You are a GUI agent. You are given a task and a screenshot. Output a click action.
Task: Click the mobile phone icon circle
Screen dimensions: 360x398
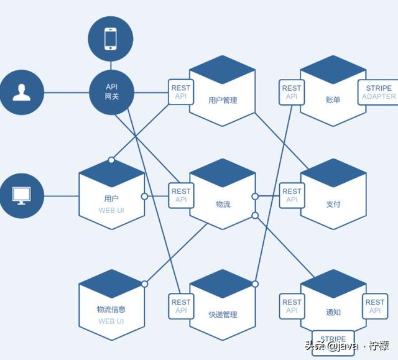(111, 38)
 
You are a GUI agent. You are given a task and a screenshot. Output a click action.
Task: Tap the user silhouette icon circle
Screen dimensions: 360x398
(22, 92)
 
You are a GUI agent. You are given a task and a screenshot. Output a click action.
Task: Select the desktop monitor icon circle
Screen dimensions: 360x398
(22, 195)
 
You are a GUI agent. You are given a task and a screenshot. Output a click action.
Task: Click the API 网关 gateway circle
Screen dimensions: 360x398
(111, 92)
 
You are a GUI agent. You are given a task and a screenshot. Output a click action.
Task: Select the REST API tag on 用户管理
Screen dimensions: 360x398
(181, 92)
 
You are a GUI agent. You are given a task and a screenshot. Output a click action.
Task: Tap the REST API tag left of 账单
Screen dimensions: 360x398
(292, 92)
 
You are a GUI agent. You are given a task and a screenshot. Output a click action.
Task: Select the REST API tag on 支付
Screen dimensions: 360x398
(292, 195)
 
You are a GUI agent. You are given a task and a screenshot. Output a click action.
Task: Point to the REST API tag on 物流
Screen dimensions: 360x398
(181, 195)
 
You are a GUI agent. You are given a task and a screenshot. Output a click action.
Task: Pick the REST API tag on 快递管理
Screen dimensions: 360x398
(181, 306)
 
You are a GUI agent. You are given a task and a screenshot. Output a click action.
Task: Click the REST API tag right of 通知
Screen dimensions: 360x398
(375, 306)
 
